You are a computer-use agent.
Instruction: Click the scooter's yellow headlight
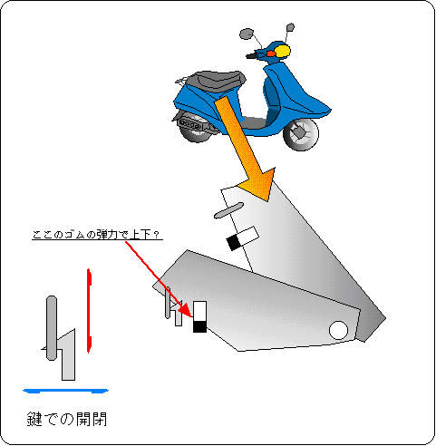(283, 51)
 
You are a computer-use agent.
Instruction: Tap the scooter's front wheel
(301, 134)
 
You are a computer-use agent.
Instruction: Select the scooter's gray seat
(218, 80)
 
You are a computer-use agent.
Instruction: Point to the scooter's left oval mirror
(247, 34)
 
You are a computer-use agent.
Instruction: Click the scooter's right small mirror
(290, 27)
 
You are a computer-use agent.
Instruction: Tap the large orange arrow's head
(260, 184)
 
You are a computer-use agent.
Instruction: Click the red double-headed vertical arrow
(89, 311)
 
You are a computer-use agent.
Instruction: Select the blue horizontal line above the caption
(65, 391)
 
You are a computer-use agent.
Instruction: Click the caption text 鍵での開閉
(67, 419)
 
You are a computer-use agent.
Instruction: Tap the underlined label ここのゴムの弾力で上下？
(97, 235)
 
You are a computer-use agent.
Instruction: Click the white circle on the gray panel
(338, 330)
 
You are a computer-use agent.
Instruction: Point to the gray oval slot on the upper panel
(228, 210)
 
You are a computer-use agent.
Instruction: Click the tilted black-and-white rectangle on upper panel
(243, 238)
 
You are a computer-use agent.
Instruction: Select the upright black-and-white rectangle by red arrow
(199, 316)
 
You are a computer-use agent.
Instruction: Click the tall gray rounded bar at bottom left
(52, 328)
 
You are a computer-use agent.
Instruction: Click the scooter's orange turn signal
(271, 53)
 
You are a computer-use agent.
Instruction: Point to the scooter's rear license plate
(189, 124)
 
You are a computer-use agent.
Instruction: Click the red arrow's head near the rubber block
(186, 310)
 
